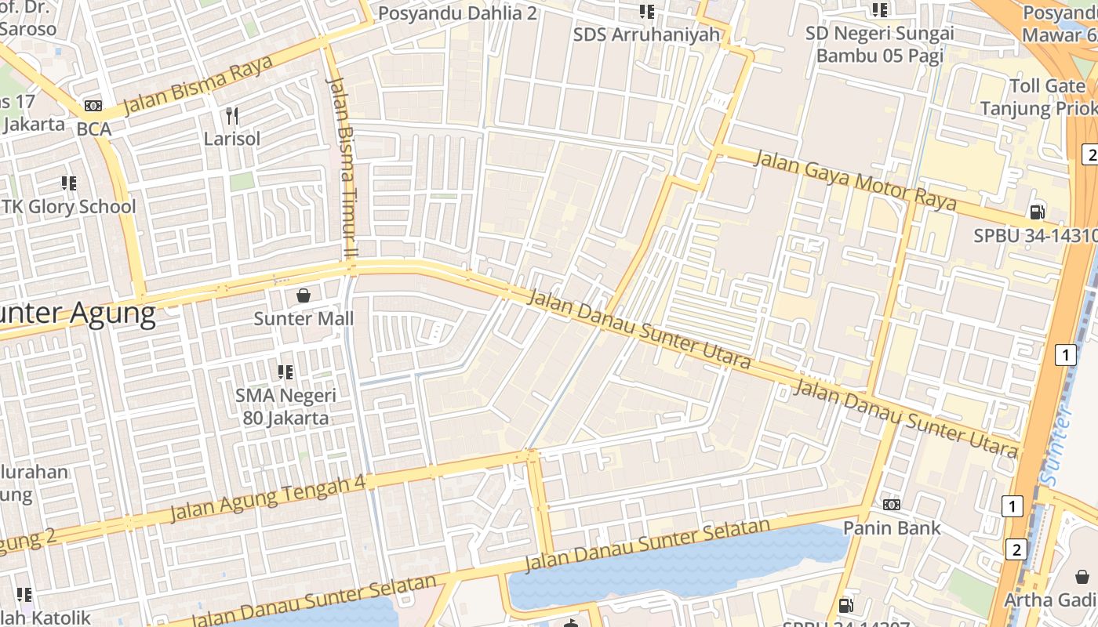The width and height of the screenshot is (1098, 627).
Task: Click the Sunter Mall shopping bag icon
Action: tap(304, 295)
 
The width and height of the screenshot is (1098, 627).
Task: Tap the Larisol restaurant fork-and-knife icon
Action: tap(231, 116)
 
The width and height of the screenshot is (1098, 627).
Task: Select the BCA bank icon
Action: tap(93, 106)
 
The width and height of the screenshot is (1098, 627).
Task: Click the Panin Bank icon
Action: tap(892, 504)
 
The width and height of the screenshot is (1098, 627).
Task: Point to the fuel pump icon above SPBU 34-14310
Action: tap(1037, 212)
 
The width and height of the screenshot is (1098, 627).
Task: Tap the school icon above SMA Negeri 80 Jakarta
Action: tap(285, 371)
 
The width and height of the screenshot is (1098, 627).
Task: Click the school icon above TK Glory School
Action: tap(69, 183)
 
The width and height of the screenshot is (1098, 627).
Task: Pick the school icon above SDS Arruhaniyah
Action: tap(646, 11)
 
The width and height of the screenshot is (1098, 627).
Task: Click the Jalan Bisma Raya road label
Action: tap(198, 85)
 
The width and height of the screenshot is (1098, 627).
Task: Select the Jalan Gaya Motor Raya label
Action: tap(855, 180)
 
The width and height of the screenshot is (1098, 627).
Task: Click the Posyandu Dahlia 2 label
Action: tap(458, 13)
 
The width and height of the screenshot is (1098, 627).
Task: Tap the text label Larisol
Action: tap(232, 139)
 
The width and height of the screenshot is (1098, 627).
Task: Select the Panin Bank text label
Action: tap(892, 527)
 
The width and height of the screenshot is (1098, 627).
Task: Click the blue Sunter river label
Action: tap(1054, 447)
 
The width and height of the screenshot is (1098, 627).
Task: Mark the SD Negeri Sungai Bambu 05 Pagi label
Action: tap(880, 45)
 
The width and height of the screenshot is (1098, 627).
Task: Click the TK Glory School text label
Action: tap(69, 207)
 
